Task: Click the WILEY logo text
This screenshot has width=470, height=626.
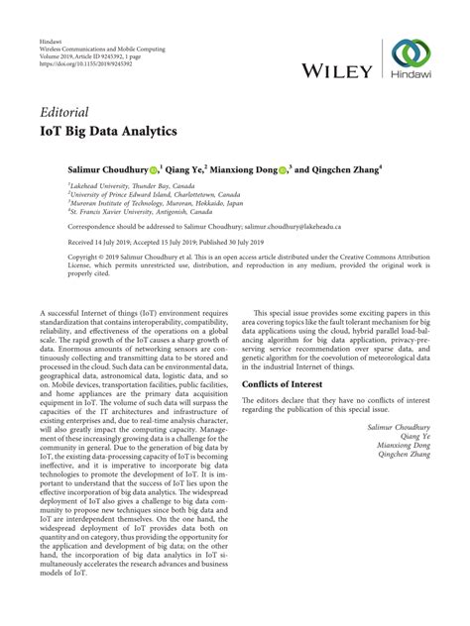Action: tap(338, 71)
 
